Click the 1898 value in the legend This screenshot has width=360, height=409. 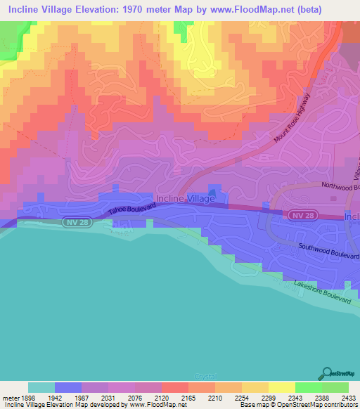tap(27, 397)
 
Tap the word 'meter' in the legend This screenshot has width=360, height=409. tap(8, 397)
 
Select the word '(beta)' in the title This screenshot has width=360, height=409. tap(330, 10)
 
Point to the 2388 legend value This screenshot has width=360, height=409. tap(323, 397)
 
